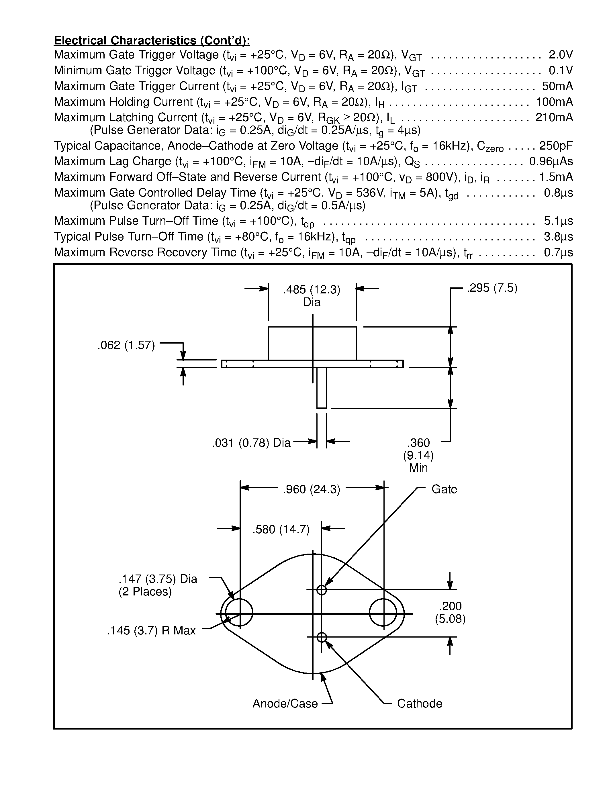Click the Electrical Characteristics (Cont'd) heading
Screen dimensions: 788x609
coord(152,40)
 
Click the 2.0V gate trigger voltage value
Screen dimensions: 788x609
coord(560,54)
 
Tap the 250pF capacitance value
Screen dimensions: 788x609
coord(556,146)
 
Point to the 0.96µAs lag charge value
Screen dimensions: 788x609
coord(551,161)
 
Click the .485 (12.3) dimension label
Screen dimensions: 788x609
coord(312,290)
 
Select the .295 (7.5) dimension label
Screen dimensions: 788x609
coord(492,288)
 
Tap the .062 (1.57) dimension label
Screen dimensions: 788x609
coord(126,345)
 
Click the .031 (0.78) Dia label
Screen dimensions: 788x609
coord(251,443)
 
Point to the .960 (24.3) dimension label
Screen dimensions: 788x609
coord(312,489)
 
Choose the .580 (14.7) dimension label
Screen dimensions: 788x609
coord(281,529)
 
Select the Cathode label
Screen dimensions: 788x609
coord(419,703)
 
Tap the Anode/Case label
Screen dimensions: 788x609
coord(285,703)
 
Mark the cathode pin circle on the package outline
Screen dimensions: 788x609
coord(322,637)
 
